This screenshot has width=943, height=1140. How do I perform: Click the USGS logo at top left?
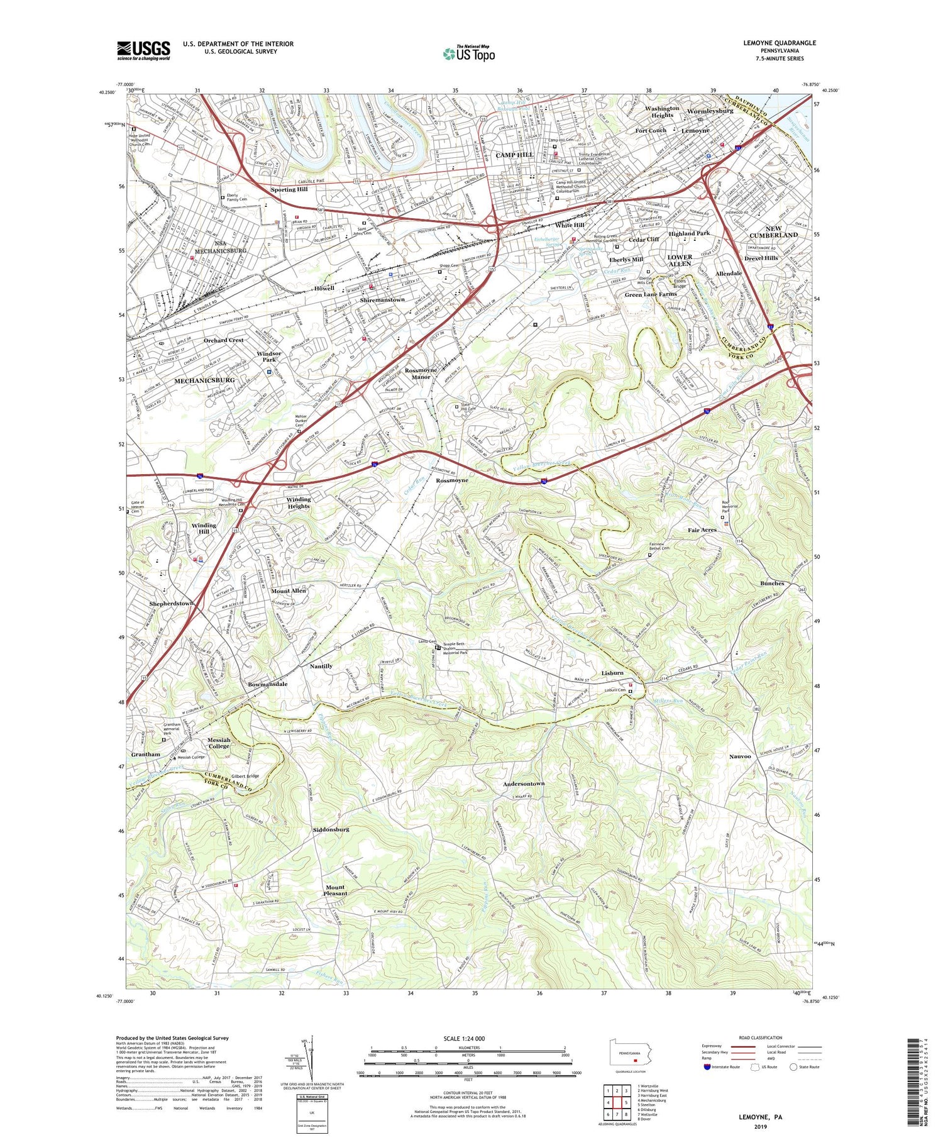[143, 50]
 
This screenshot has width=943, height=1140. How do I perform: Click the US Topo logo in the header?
[469, 53]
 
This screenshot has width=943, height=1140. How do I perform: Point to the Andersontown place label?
[523, 783]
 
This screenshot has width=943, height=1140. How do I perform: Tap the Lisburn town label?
[612, 673]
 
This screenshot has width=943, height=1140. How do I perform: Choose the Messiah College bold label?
[219, 743]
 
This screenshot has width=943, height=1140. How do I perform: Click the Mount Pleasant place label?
[335, 890]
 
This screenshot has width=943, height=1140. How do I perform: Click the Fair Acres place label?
[702, 530]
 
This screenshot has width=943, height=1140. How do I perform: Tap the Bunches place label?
[771, 583]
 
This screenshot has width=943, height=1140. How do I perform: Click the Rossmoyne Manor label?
[421, 374]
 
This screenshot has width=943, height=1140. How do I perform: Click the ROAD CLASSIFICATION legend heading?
[760, 1038]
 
